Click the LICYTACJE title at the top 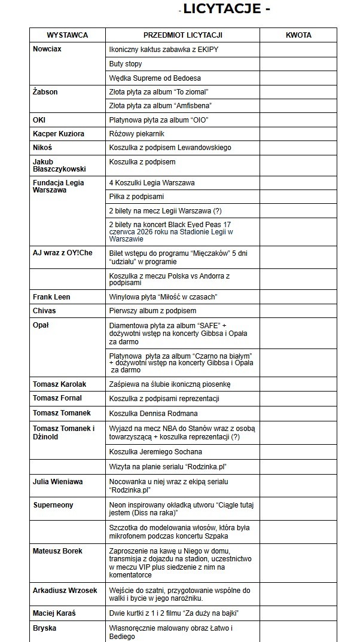225,8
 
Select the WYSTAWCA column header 68,35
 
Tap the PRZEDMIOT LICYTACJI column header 182,35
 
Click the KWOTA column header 299,35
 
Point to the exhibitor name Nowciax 47,49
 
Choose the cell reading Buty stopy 126,63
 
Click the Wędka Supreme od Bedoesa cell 155,78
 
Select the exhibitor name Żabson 45,92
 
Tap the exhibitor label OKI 39,120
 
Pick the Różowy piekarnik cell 136,134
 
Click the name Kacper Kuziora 59,134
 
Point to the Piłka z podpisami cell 136,197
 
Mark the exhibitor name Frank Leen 52,296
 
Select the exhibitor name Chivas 45,311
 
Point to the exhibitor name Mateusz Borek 57,551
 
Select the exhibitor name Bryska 45,628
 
